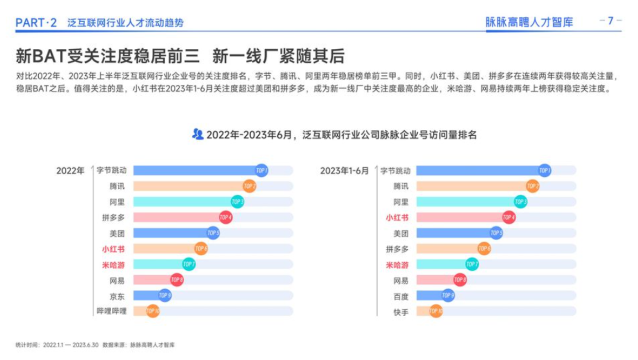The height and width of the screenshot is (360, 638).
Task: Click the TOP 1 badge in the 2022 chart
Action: (261, 170)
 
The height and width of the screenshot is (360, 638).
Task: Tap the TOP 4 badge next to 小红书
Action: (509, 217)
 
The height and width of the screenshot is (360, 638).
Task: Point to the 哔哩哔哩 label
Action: (111, 311)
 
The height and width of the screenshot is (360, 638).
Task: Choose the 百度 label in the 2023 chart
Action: (401, 296)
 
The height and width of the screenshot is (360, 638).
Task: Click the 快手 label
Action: (401, 312)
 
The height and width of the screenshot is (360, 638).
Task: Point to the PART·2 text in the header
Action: (36, 23)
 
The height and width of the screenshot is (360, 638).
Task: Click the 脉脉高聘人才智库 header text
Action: (529, 22)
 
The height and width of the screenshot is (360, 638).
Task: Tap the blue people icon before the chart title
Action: (197, 134)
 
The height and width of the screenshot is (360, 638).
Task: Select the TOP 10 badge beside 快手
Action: (436, 311)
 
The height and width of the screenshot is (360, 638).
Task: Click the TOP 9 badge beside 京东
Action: (165, 295)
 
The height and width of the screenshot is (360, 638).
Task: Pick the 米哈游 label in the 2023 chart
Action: (397, 265)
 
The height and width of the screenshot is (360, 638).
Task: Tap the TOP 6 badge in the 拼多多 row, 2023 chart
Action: (484, 249)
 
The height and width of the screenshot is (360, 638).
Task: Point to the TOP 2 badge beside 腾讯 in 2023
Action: (533, 186)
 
